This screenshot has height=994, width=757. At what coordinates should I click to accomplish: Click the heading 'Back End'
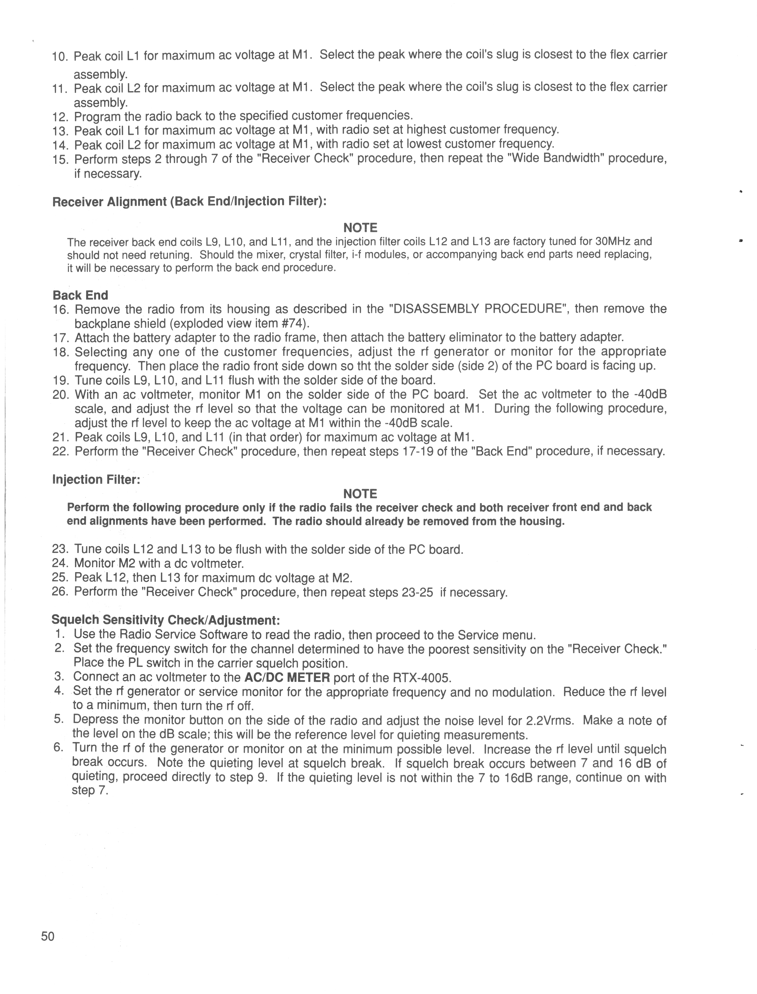80,295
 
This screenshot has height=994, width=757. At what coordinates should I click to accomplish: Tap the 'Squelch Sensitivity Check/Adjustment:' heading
166,620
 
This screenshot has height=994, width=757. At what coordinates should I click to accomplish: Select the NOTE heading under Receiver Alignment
360,228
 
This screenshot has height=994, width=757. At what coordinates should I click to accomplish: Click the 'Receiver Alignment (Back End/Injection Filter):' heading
189,202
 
